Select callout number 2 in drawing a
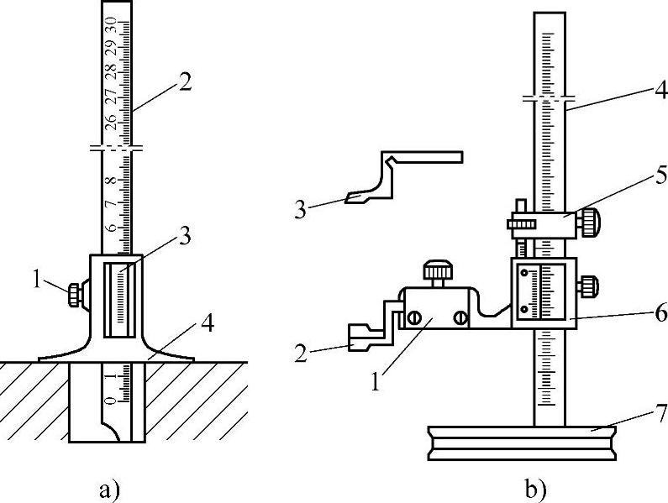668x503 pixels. [186, 81]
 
